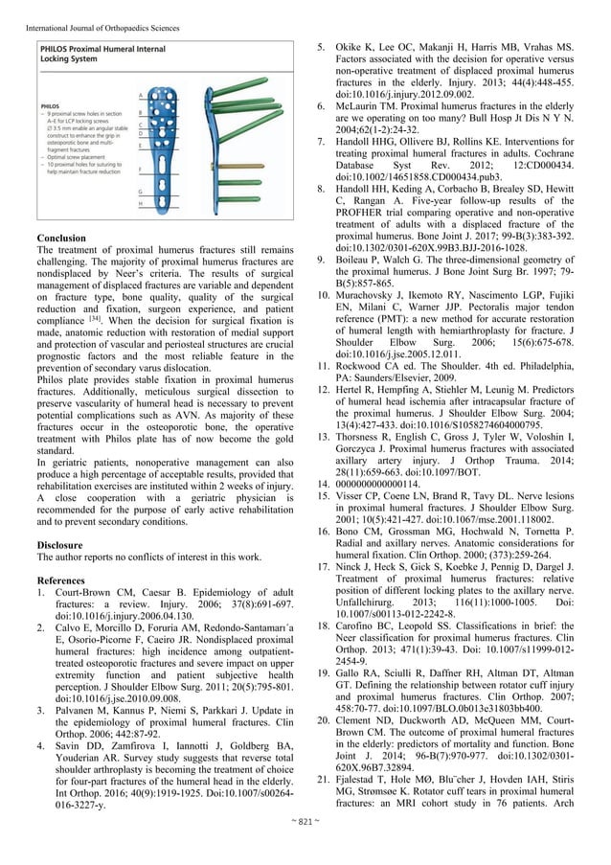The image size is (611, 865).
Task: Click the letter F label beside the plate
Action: click(140, 171)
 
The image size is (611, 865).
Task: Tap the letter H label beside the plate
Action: click(140, 202)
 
